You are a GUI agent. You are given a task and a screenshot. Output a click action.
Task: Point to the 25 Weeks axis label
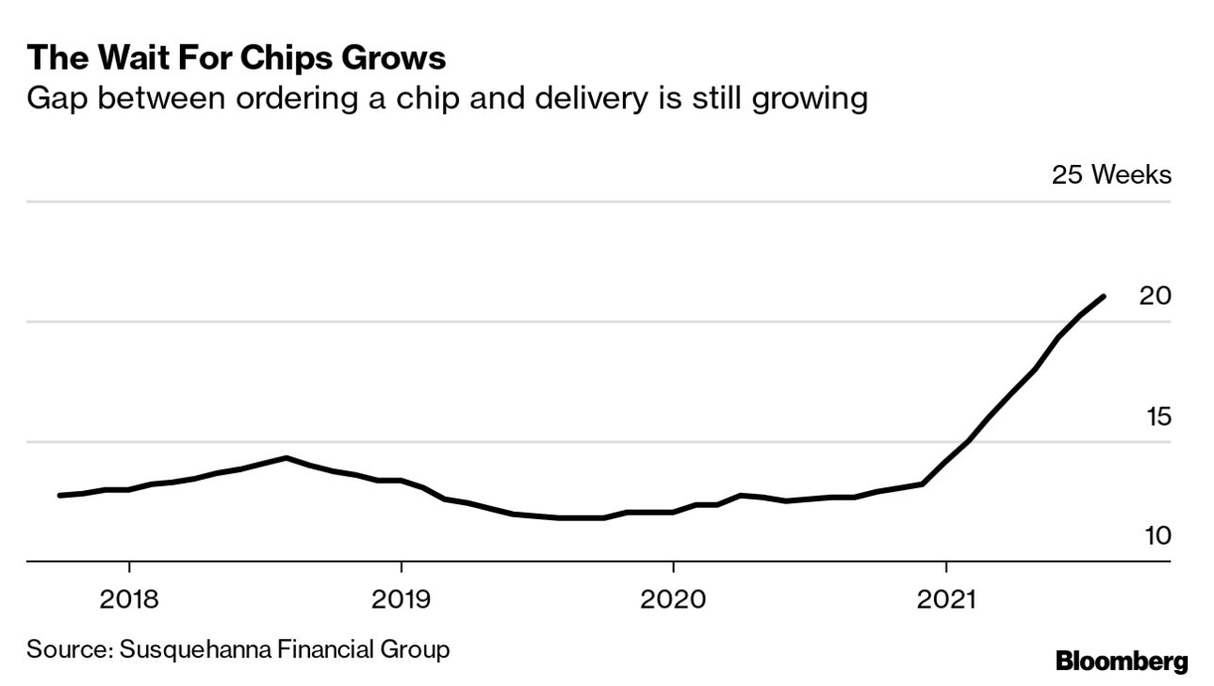(1111, 175)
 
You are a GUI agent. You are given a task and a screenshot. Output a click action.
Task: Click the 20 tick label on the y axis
(1155, 296)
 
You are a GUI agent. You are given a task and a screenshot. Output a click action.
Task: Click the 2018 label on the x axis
(129, 598)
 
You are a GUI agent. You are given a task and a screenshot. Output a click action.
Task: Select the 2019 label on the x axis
(402, 598)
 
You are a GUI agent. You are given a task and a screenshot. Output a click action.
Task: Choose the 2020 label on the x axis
(673, 598)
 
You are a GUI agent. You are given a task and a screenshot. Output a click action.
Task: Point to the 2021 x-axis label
(945, 598)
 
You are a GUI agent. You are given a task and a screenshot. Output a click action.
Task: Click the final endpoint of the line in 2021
(1103, 297)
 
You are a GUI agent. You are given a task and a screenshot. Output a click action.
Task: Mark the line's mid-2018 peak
(286, 458)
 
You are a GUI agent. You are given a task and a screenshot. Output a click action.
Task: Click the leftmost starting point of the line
(60, 495)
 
